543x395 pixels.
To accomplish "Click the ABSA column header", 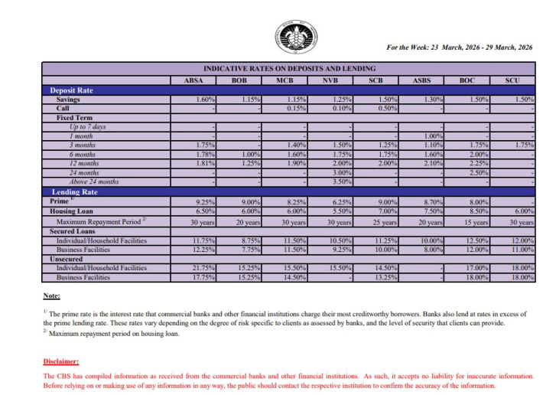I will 193,80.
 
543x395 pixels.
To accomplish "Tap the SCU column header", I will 513,80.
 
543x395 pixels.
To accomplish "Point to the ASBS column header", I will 422,80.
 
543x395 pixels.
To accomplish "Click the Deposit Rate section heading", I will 71,90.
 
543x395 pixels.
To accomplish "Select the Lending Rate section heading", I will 73,191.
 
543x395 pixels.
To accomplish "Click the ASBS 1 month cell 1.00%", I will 432,135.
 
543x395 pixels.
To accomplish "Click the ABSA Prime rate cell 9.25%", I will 206,201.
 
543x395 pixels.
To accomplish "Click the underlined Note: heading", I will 51,295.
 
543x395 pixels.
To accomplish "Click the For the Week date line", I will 459,47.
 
